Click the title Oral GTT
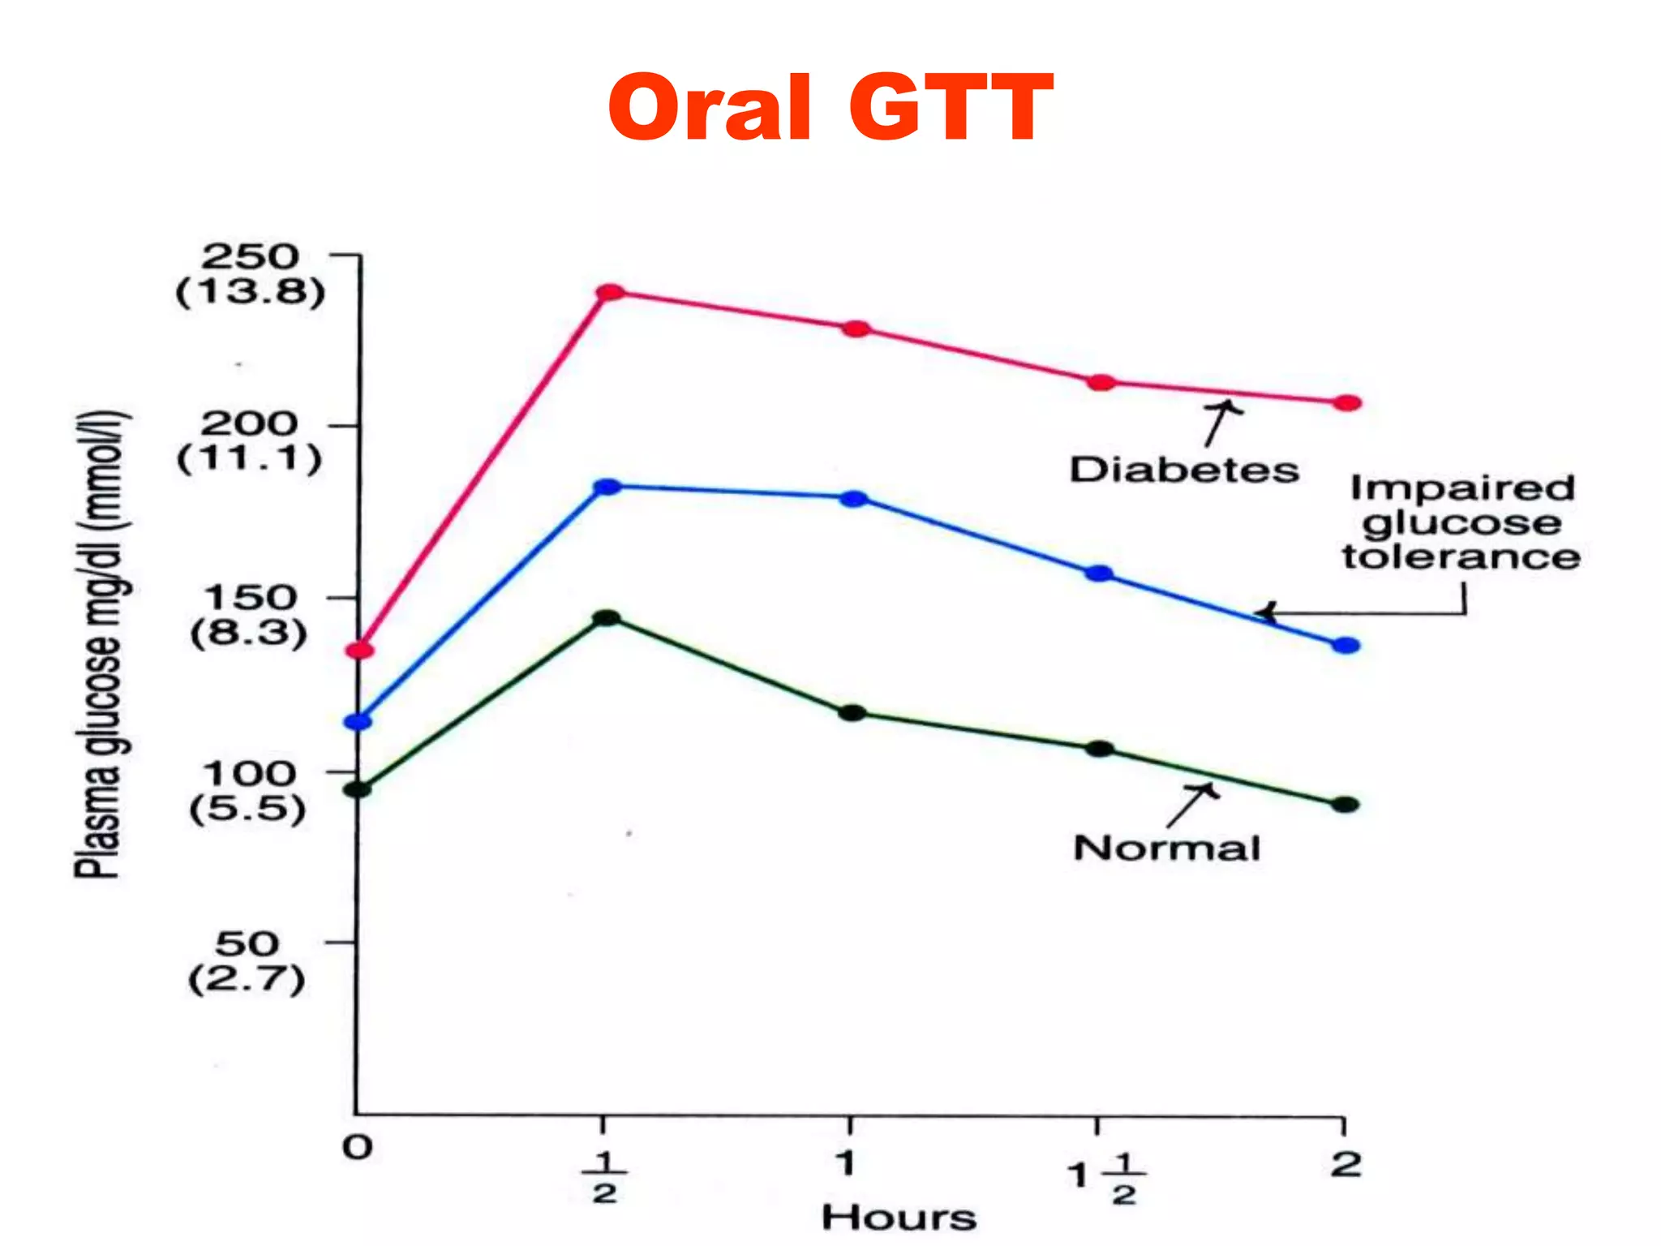point(830,108)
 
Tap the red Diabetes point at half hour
point(610,292)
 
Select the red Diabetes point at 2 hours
point(1347,403)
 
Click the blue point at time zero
point(358,721)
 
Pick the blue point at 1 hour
point(853,499)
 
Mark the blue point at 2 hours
point(1346,646)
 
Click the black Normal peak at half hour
point(606,618)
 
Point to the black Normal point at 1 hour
point(852,713)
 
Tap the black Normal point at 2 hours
point(1345,805)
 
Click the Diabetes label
point(1183,470)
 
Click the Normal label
point(1166,849)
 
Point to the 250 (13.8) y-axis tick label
point(251,274)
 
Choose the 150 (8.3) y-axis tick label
point(249,615)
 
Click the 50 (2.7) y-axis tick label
point(247,961)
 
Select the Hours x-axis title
point(899,1218)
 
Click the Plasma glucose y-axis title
point(101,645)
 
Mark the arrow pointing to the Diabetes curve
point(1220,423)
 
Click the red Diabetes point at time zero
point(360,650)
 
